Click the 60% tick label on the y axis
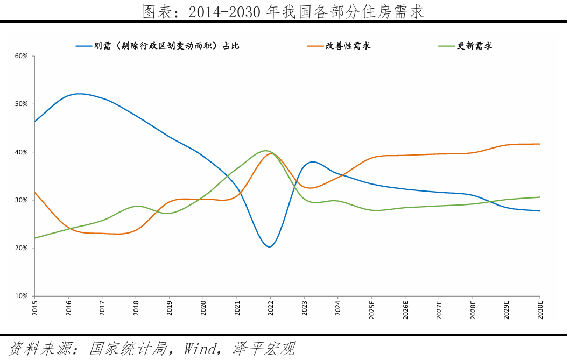coord(21,56)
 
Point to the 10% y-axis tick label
coord(21,296)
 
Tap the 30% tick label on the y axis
coord(21,200)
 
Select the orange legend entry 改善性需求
coord(348,46)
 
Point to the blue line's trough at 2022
coord(269,246)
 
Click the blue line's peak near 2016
coord(79,94)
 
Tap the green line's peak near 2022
coord(266,151)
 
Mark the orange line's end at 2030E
coord(540,144)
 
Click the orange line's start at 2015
coord(34,192)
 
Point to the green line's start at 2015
coord(34,238)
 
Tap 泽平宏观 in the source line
coord(264,348)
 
